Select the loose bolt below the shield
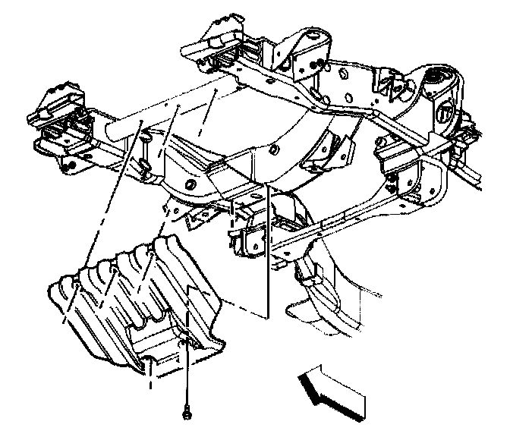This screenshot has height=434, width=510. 186,414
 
